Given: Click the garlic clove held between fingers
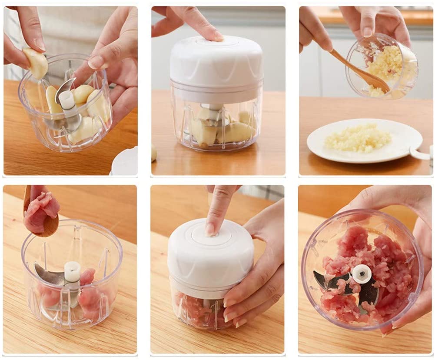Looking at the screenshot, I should [x=35, y=63].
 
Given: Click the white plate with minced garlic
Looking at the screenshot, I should [x=364, y=141].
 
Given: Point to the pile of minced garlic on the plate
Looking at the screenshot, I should [x=358, y=138].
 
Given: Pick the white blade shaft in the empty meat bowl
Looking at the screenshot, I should [x=72, y=272].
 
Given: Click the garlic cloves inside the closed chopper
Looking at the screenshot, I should [x=217, y=128].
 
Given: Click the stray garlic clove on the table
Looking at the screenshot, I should [x=154, y=153].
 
